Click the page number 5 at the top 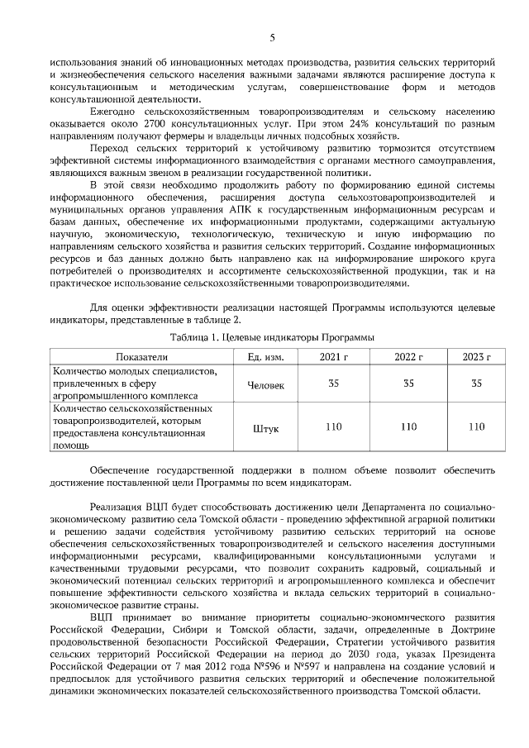pos(272,36)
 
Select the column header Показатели pos(142,356)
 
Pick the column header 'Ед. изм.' pos(266,356)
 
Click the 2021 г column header pos(334,356)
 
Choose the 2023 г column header pos(476,356)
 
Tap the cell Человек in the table pos(266,384)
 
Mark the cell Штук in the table pos(266,427)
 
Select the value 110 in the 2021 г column pos(334,426)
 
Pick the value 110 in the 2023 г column pos(476,426)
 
